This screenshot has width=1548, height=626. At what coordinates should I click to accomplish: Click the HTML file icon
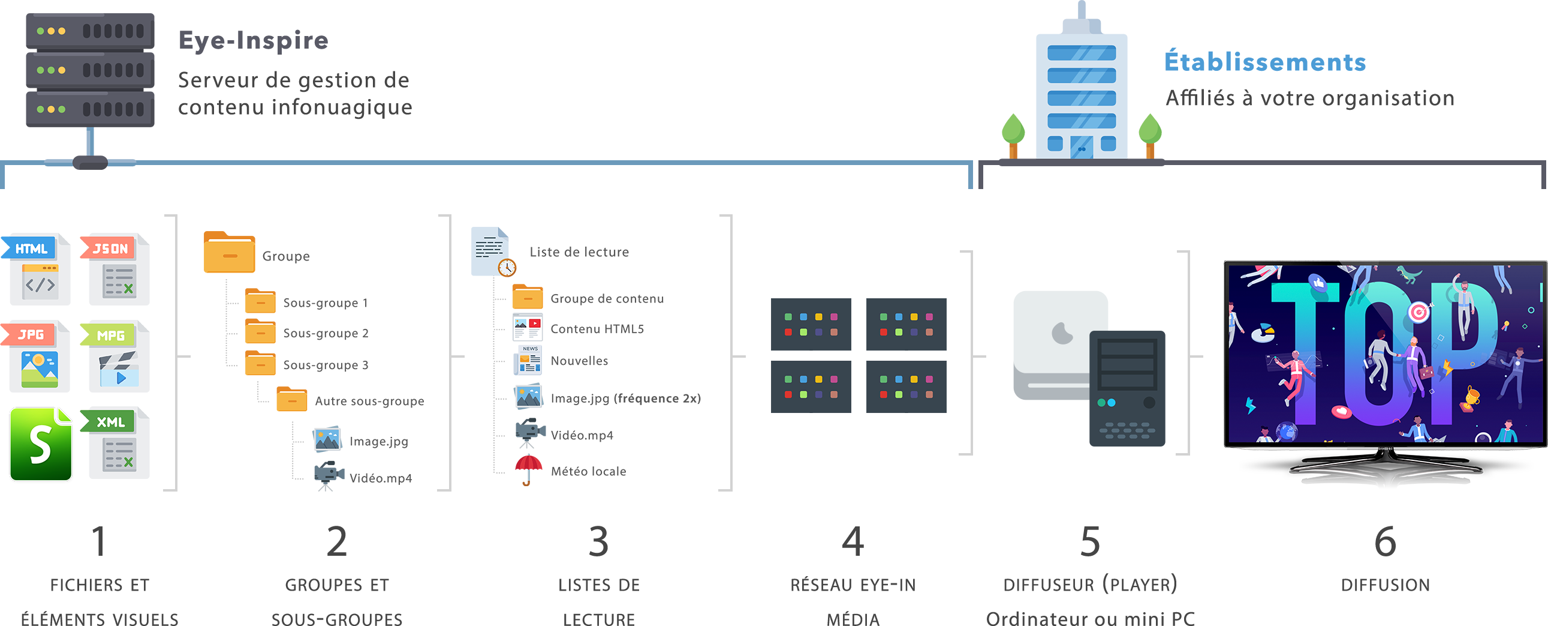pos(35,268)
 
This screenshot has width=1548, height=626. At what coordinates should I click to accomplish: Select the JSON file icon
pos(114,268)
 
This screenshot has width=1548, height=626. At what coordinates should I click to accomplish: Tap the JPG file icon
pos(35,355)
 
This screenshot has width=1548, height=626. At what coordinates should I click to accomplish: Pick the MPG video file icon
pos(114,355)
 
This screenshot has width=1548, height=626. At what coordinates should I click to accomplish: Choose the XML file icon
pos(114,442)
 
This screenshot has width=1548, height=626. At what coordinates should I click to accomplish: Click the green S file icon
pos(41,444)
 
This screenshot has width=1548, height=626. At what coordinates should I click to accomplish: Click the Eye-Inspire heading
pos(253,41)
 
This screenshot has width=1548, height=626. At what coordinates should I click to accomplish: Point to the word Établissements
pos(1265,62)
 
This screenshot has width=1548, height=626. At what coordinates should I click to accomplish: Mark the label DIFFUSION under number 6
pos(1385,585)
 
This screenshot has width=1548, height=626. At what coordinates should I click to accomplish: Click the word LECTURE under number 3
pos(598,618)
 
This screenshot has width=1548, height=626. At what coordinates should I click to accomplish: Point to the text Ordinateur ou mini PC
pos(1090,618)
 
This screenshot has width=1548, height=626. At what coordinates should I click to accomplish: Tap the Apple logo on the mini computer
pos(1062,333)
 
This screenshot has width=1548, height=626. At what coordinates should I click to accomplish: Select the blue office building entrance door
pos(1081,147)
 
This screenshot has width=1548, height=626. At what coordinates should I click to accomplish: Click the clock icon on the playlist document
pos(507,267)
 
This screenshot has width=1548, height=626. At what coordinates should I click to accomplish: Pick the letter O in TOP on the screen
pos(1385,355)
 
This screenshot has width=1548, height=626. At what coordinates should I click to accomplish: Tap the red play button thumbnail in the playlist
pos(534,324)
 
